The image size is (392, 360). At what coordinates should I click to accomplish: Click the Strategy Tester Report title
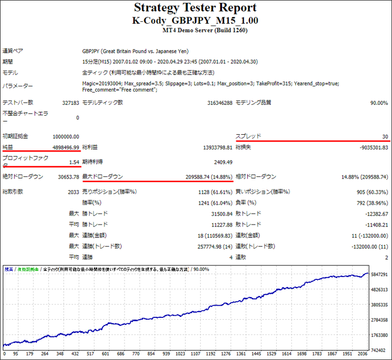(x=195, y=8)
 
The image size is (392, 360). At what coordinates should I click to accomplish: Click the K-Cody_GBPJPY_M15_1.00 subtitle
(x=195, y=20)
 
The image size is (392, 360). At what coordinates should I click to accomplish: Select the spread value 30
(x=385, y=137)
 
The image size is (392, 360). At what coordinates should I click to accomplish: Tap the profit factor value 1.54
(x=73, y=162)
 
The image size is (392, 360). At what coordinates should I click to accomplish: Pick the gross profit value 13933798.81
(x=212, y=147)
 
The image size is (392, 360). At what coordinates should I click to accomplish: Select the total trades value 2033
(x=73, y=192)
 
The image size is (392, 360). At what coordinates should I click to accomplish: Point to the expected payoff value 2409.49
(x=222, y=162)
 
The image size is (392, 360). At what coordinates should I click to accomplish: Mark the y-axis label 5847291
(x=380, y=275)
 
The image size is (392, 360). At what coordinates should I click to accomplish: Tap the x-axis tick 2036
(x=362, y=354)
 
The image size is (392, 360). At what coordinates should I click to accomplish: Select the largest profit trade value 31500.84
(x=218, y=214)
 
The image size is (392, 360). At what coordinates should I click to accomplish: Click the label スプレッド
(x=248, y=137)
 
